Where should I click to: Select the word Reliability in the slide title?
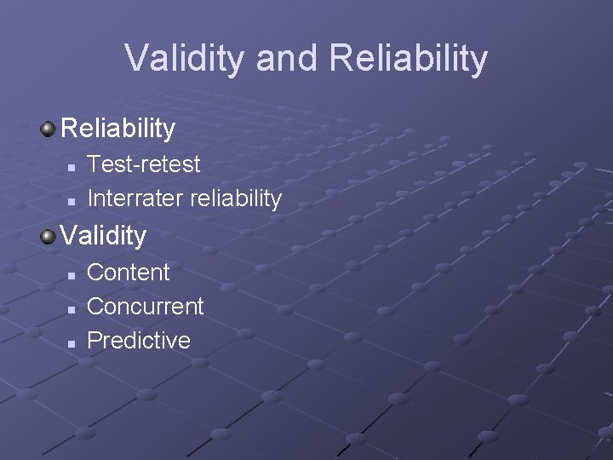point(408,59)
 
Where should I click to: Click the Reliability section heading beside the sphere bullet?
point(118,129)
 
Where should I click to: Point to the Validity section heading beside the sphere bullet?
point(104,234)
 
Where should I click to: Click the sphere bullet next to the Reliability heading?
point(49,129)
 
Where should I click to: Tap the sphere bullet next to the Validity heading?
point(49,235)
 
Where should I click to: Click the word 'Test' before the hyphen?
point(108,164)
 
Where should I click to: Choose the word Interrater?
point(135,198)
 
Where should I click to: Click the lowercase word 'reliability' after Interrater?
point(236,198)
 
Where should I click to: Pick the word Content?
point(129,273)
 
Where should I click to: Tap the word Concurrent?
point(146,307)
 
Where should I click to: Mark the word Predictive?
point(139,341)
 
